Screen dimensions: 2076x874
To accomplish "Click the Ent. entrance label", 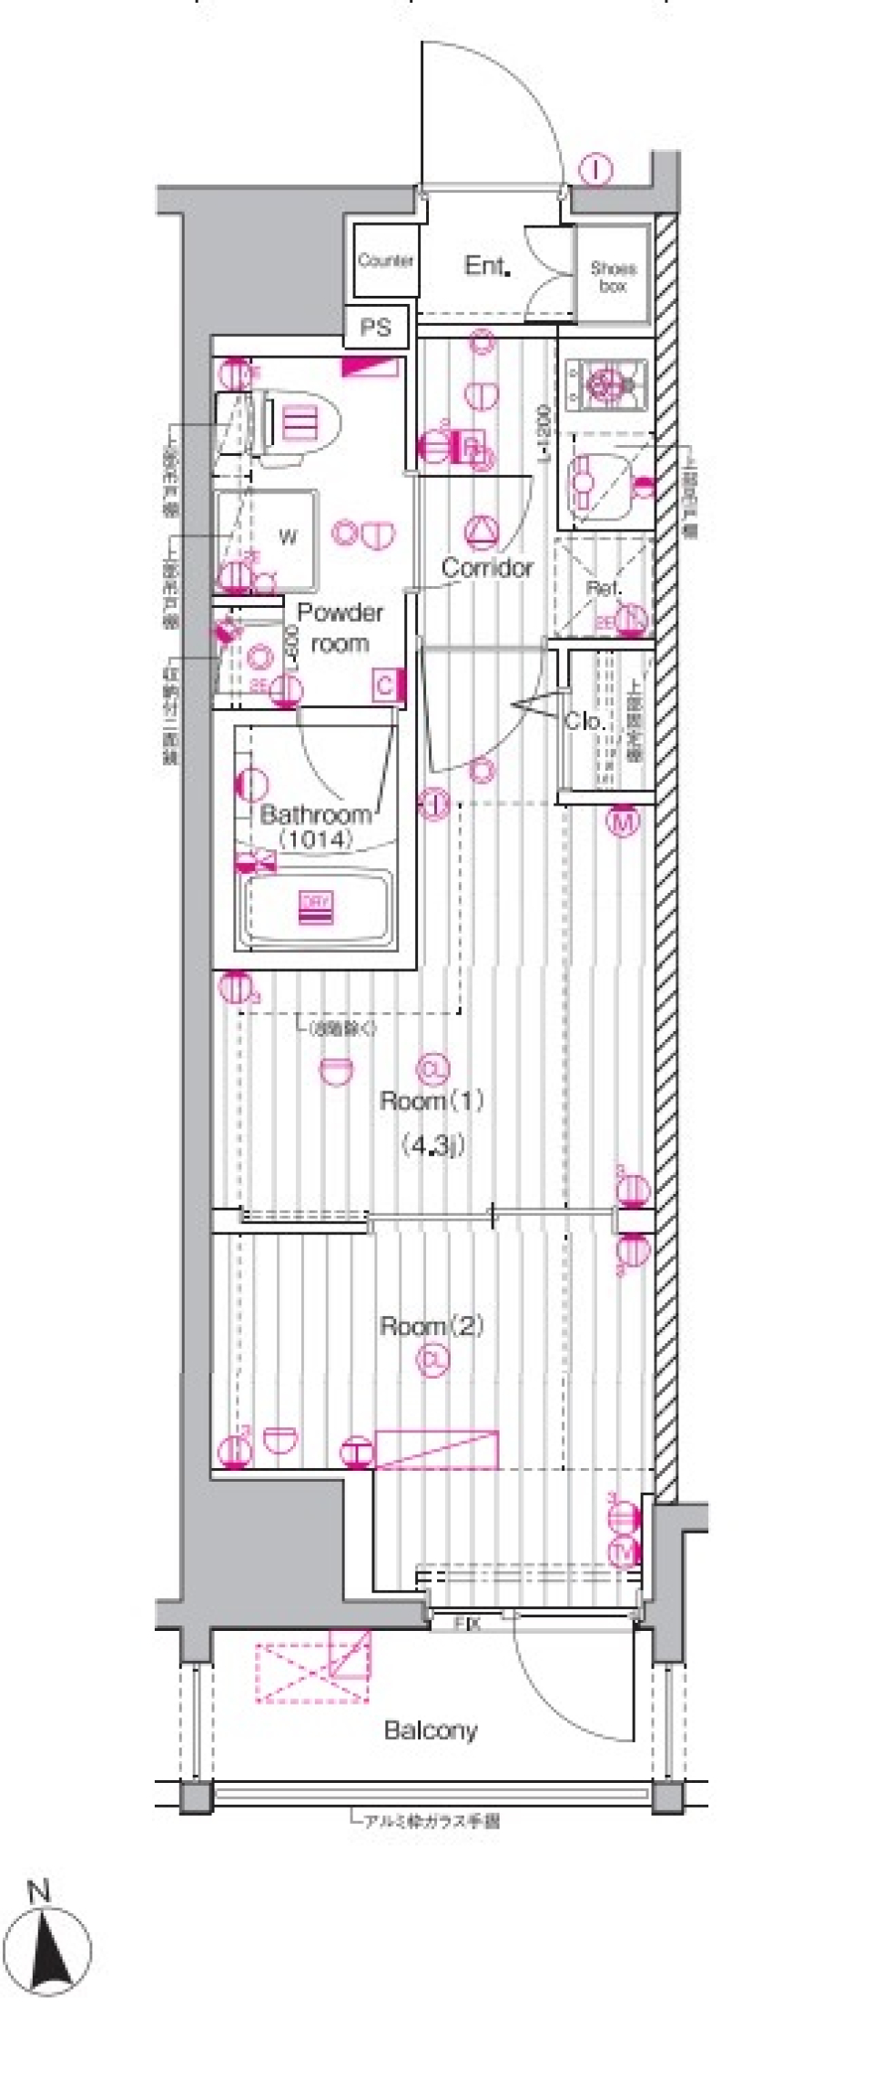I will (486, 266).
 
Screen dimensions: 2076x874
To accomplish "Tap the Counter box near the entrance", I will (385, 261).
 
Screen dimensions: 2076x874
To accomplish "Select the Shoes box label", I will (613, 276).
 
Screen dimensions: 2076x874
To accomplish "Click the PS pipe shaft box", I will (375, 327).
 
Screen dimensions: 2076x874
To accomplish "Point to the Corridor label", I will (487, 568).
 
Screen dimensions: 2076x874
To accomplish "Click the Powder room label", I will (340, 628).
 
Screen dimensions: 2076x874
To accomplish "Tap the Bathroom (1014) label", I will (315, 825).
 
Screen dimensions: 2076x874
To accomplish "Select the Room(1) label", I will (432, 1100).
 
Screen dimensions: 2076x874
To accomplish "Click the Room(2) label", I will (432, 1326).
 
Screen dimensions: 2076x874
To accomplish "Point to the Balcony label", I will (431, 1730).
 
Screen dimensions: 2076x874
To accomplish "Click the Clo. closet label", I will (584, 721).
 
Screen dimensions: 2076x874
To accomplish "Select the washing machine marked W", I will (287, 536).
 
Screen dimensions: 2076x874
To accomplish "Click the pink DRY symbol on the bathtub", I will (315, 907).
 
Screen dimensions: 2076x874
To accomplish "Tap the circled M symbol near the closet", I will (624, 822).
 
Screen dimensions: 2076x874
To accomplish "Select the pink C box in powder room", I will (384, 685).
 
